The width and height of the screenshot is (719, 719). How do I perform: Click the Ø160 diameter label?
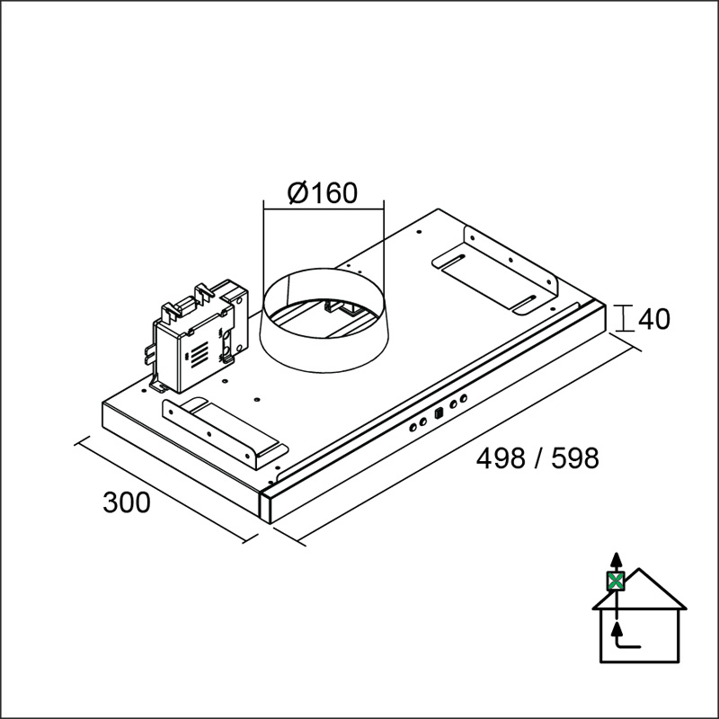[x=322, y=192]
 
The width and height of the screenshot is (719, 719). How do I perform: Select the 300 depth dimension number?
[x=127, y=502]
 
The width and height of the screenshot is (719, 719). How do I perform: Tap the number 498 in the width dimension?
[x=501, y=458]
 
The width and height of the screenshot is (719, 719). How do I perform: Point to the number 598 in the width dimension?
[x=575, y=458]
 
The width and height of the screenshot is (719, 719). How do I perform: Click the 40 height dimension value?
[x=654, y=319]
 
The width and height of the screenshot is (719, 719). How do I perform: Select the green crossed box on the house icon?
[x=617, y=581]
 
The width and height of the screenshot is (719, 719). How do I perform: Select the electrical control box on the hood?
[x=198, y=337]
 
